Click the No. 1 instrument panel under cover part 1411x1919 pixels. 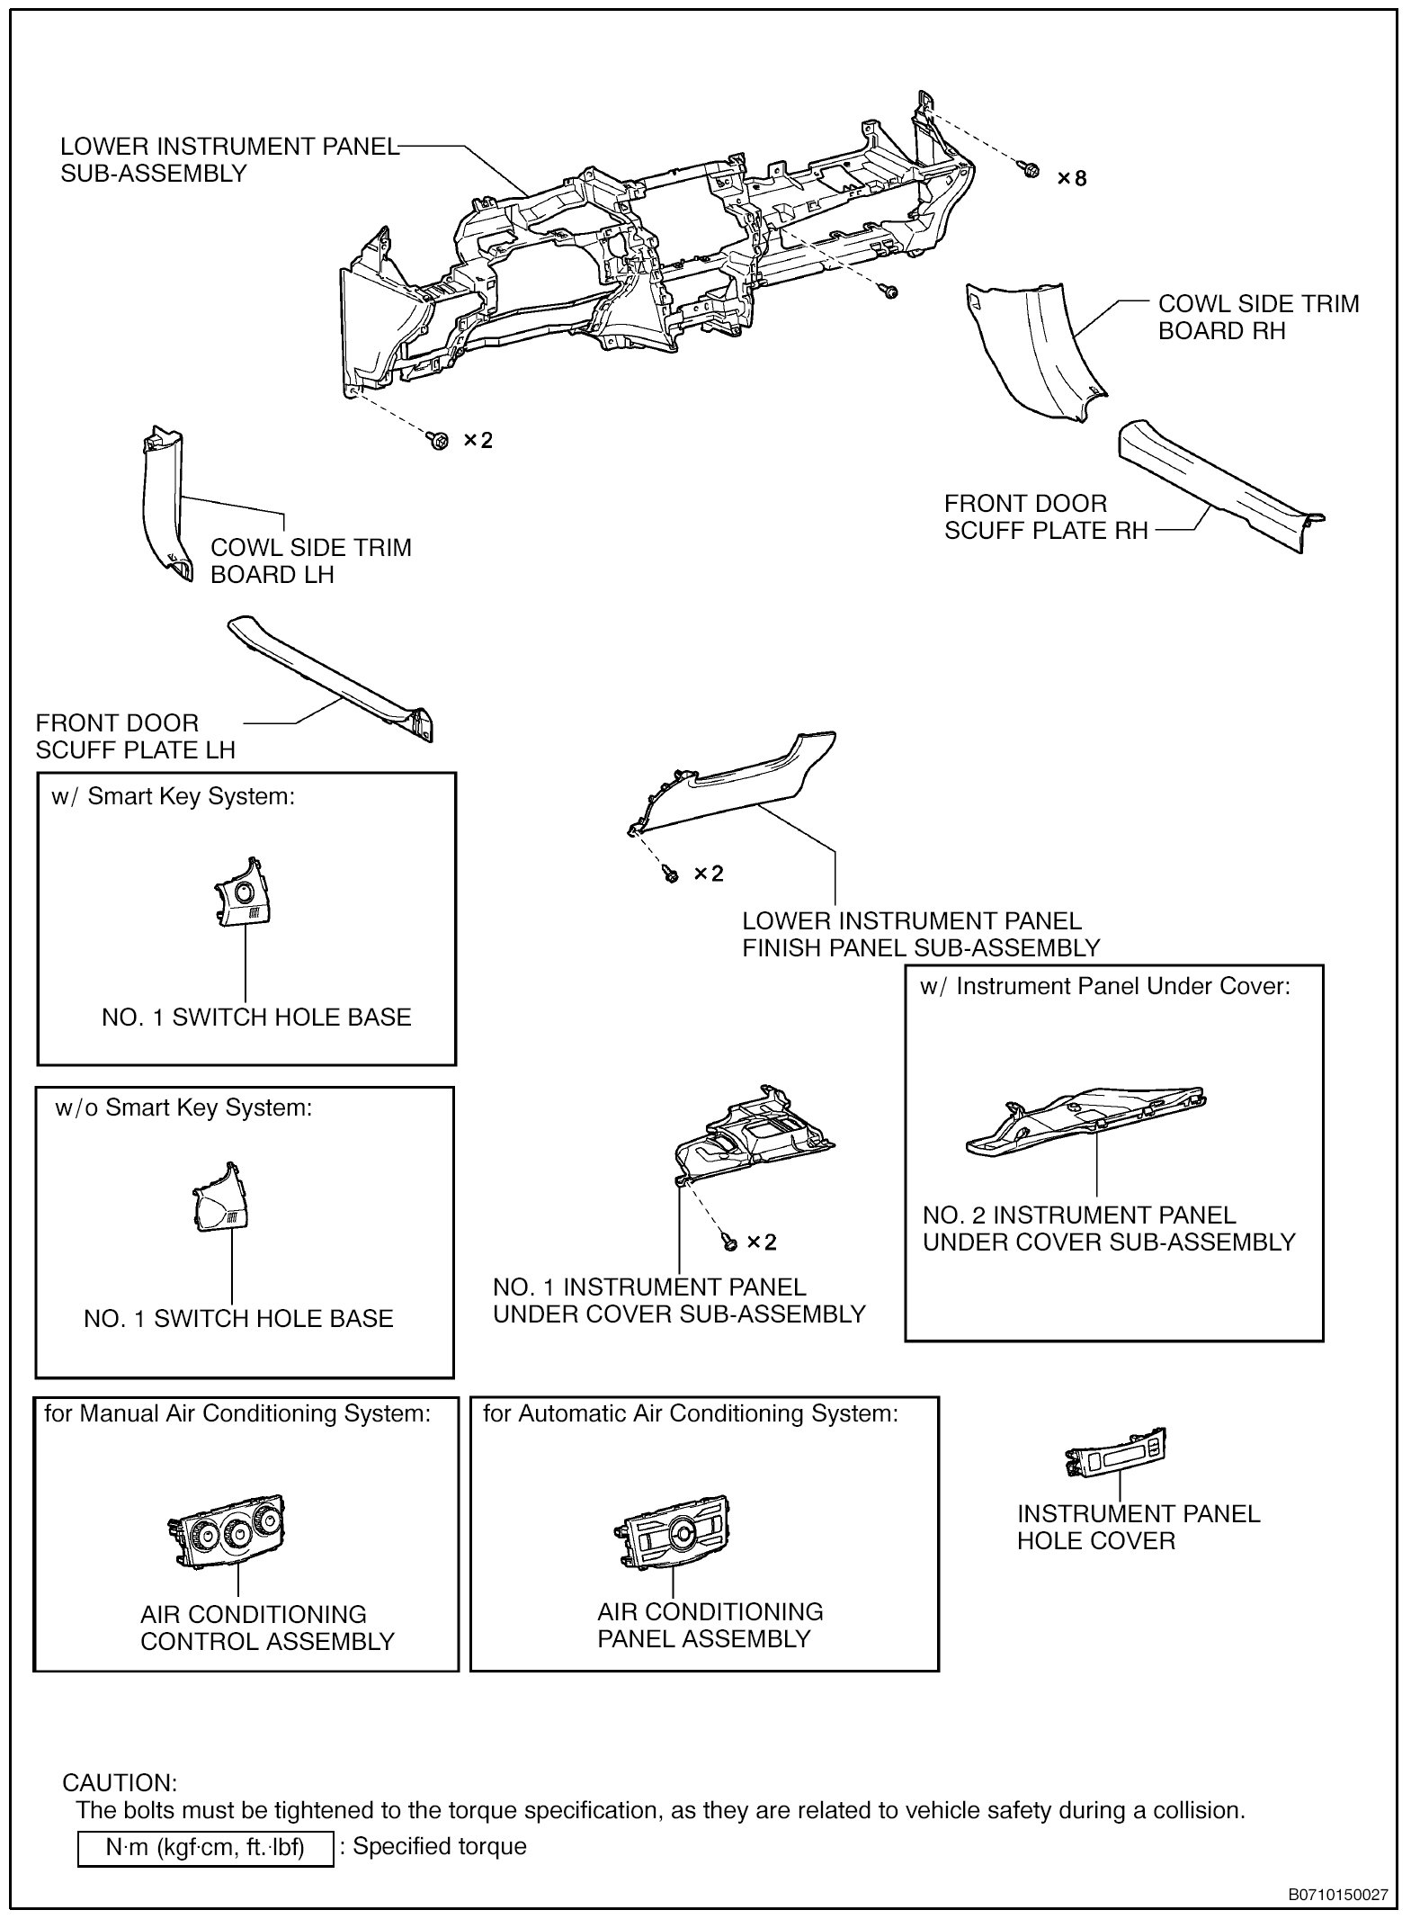click(x=755, y=1138)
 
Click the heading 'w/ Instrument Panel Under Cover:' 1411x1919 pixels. click(x=1105, y=987)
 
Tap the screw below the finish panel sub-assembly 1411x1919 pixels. click(x=670, y=873)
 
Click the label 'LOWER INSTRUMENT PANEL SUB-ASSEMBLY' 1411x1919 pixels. click(x=229, y=160)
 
